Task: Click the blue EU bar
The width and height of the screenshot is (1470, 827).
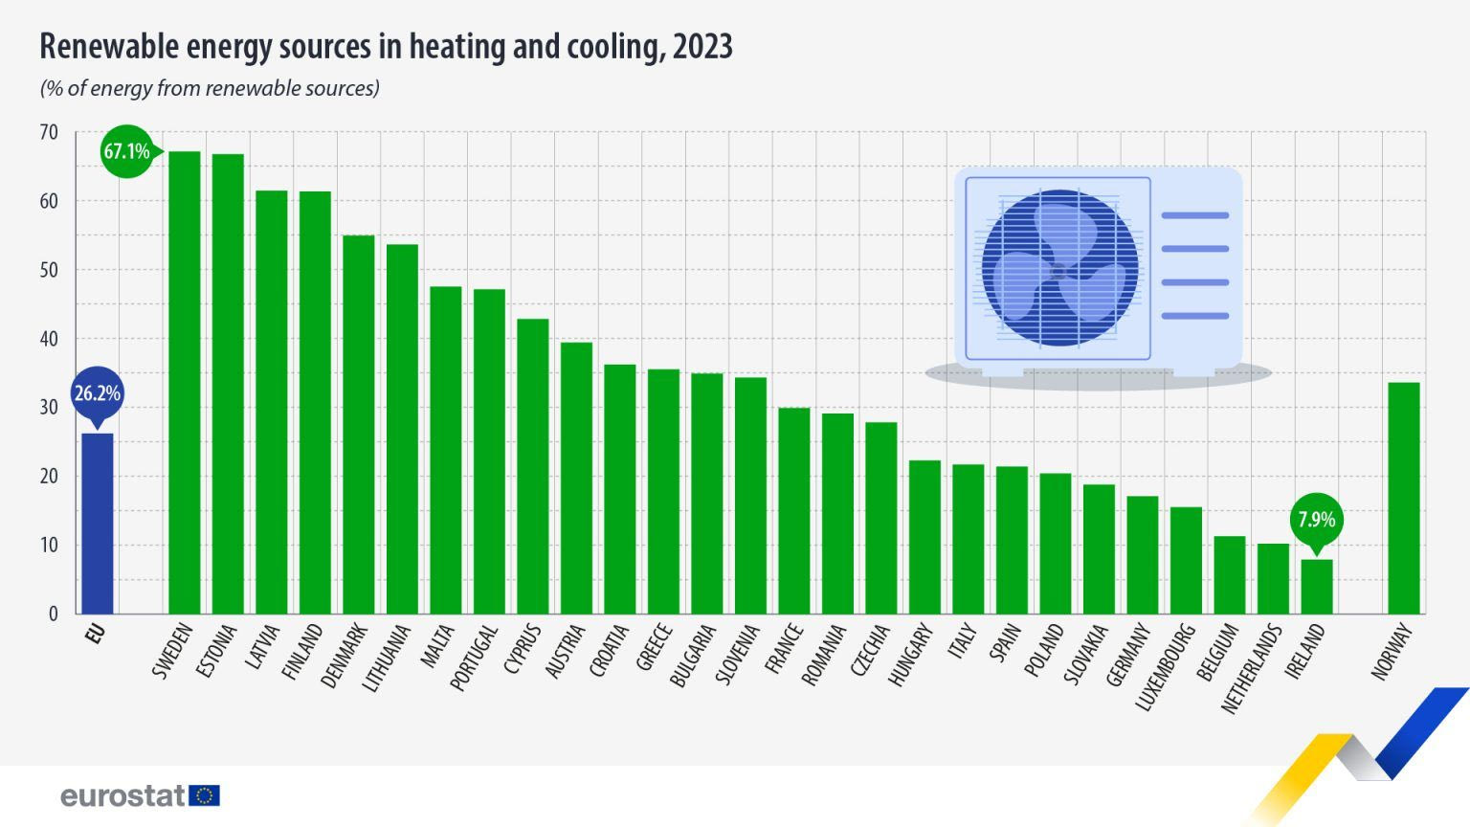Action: click(x=97, y=524)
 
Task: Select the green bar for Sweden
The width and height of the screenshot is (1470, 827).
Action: click(x=184, y=383)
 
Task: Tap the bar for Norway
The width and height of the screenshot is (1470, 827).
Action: click(x=1403, y=498)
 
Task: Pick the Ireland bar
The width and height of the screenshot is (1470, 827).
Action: click(x=1316, y=586)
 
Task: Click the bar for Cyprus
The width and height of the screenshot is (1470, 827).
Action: click(x=532, y=466)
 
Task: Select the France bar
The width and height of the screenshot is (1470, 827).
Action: click(x=793, y=510)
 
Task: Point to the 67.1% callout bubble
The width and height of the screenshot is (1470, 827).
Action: click(x=126, y=151)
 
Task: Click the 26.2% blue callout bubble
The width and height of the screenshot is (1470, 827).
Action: click(x=97, y=393)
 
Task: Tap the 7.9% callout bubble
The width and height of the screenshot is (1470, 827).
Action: click(x=1316, y=520)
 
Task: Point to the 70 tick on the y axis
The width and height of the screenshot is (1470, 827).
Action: click(x=48, y=132)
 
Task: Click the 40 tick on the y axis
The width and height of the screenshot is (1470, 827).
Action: click(x=48, y=339)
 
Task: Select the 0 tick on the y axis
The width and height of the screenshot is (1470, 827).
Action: click(x=54, y=614)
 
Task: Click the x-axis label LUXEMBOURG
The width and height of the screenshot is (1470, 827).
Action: click(x=1165, y=667)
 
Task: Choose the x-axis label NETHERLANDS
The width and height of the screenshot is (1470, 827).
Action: click(x=1251, y=668)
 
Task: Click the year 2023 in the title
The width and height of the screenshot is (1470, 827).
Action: click(x=702, y=46)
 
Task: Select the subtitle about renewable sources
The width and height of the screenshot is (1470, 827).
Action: click(x=210, y=89)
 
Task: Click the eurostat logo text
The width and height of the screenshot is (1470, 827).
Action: click(x=122, y=795)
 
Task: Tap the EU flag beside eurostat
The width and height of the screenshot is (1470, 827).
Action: click(x=205, y=795)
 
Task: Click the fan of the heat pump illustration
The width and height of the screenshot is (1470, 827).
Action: click(x=1059, y=269)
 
